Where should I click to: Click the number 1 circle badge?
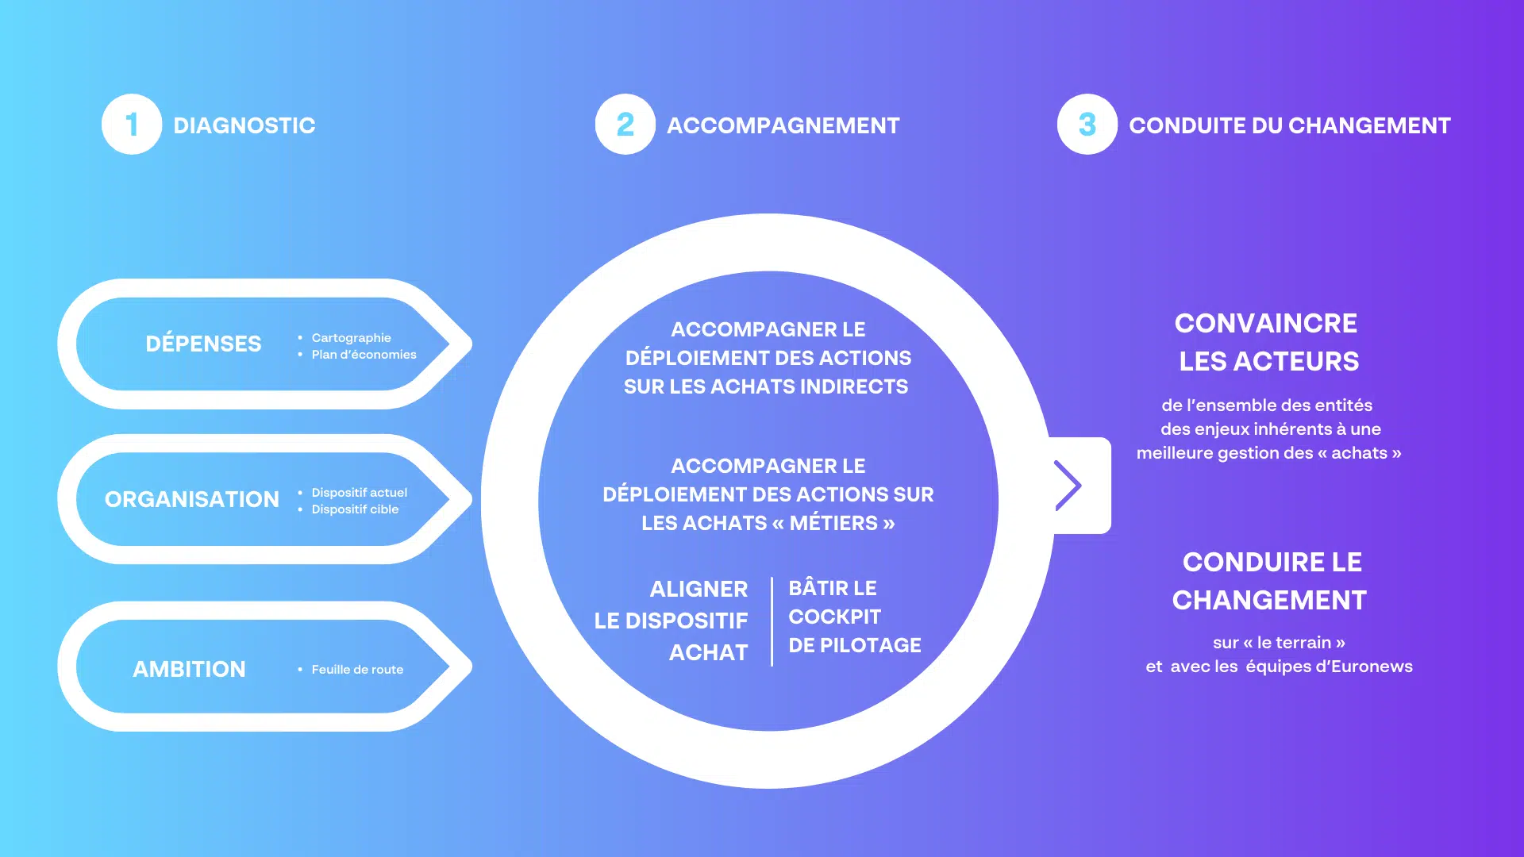(132, 125)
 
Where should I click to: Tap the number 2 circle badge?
(625, 125)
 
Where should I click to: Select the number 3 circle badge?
(1087, 125)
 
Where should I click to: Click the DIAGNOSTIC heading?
(244, 125)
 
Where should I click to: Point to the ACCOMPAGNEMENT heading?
(783, 125)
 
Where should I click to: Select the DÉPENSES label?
(203, 344)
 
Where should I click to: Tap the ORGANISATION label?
(192, 499)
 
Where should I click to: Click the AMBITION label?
(189, 669)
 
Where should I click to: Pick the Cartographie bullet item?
(351, 338)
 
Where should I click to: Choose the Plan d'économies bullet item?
(364, 355)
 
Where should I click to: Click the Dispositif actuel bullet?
(359, 493)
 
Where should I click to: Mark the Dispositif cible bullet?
(355, 509)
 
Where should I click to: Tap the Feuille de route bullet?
(357, 670)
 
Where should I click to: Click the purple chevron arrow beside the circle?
(1068, 485)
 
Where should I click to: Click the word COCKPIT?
(835, 617)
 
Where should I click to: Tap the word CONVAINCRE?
(1266, 323)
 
